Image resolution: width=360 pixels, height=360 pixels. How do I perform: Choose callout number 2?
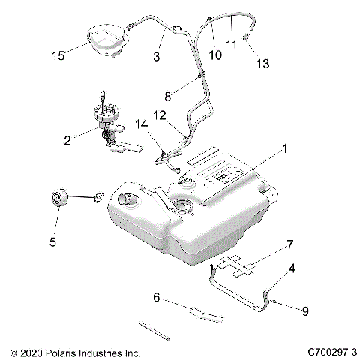[x=68, y=140]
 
